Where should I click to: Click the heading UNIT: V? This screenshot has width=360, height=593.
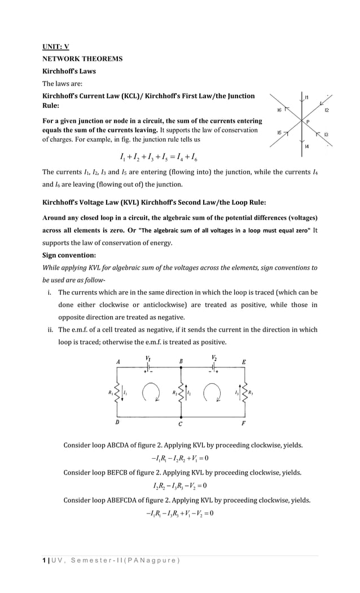[x=56, y=46]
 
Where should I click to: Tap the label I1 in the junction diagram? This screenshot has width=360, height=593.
[x=306, y=98]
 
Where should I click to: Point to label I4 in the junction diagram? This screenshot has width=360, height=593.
[x=306, y=146]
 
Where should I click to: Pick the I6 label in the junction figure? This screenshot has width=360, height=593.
[x=279, y=109]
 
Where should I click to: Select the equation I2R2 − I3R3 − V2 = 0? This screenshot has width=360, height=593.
[x=179, y=486]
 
